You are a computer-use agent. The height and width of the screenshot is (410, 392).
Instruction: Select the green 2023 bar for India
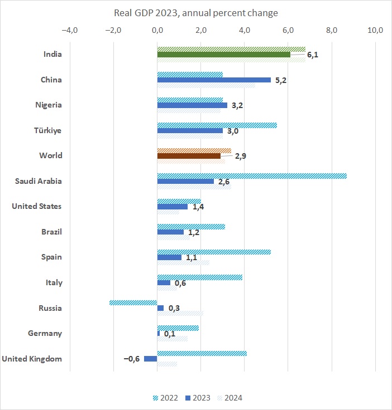(x=223, y=55)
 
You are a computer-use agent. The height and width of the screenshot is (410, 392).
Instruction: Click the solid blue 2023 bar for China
(x=214, y=80)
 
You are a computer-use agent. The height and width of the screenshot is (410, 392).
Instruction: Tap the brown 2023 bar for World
(x=189, y=156)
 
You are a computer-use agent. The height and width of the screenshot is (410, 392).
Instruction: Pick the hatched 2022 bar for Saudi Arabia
(x=251, y=176)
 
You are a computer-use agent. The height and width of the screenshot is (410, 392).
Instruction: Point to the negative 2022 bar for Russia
(x=133, y=302)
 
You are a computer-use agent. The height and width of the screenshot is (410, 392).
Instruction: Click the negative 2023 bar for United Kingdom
(x=150, y=359)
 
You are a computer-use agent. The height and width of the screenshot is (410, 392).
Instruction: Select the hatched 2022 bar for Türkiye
(x=217, y=125)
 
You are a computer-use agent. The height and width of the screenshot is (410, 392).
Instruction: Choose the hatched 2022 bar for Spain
(x=214, y=252)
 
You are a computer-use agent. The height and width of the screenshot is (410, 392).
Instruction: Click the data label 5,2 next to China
(x=280, y=80)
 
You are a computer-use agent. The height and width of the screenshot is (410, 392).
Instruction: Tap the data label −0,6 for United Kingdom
(x=132, y=359)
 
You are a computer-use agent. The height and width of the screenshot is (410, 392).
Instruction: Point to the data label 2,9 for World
(x=241, y=157)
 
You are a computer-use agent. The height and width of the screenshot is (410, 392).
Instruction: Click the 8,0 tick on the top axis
(x=332, y=30)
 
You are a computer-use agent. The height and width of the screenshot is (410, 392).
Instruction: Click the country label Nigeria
(x=49, y=105)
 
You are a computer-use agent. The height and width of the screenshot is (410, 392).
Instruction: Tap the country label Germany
(x=45, y=334)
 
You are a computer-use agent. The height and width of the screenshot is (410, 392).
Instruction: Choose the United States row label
(x=37, y=207)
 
